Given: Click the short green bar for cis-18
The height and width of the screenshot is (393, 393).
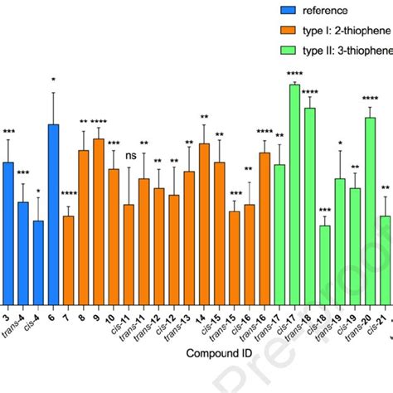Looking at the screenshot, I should (324, 264).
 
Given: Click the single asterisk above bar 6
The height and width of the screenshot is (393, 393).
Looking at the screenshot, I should (53, 80).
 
